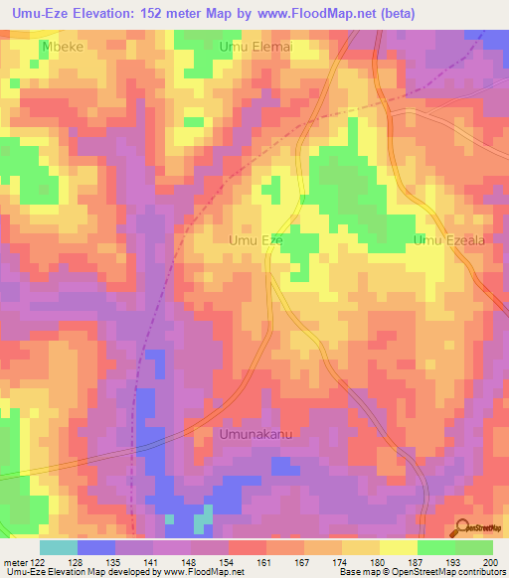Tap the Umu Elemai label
[x=252, y=46]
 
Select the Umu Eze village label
[x=256, y=240]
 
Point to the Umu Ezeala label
[x=448, y=240]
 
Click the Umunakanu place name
[x=258, y=434]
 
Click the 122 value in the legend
[x=39, y=562]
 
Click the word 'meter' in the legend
[x=15, y=562]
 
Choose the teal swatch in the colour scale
[x=58, y=547]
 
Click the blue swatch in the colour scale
[x=95, y=547]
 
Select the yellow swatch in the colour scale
[x=398, y=547]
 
